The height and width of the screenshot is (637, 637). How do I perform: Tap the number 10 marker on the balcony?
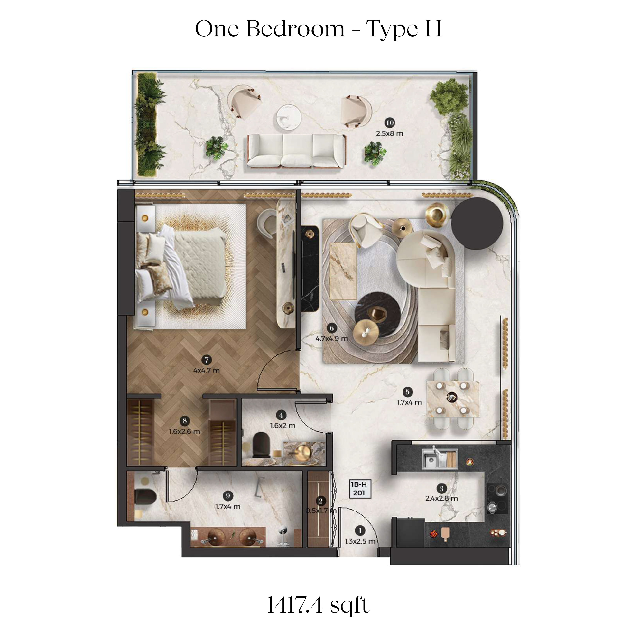390,123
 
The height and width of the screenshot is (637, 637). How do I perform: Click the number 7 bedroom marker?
206,360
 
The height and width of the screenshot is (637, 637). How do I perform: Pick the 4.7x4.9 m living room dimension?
332,338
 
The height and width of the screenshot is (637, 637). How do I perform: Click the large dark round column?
477,223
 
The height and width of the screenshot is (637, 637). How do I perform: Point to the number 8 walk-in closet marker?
184,421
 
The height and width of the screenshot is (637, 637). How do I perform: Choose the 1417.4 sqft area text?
318,605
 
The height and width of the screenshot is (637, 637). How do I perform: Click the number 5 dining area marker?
407,392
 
